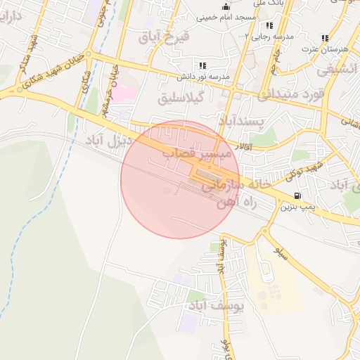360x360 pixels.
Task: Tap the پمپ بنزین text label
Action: pos(296,207)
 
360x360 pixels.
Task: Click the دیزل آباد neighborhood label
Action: pos(108,140)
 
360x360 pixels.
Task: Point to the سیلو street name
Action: pos(281,253)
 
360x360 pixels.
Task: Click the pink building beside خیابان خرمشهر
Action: pos(124,92)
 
